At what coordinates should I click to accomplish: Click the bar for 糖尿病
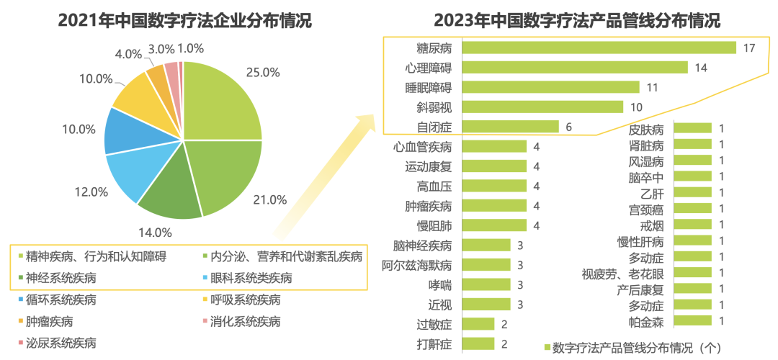[x=599, y=48]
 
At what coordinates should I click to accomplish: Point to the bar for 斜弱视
[x=542, y=107]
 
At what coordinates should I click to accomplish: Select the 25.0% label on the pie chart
[x=262, y=72]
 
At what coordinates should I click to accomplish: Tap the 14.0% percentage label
[x=154, y=233]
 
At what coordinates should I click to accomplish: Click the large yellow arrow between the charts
[x=324, y=180]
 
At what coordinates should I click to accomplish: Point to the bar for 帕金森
[x=692, y=320]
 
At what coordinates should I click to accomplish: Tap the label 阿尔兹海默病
[x=417, y=264]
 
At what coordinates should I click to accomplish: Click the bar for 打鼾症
[x=478, y=343]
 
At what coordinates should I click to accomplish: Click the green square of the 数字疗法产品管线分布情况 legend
[x=546, y=348]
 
